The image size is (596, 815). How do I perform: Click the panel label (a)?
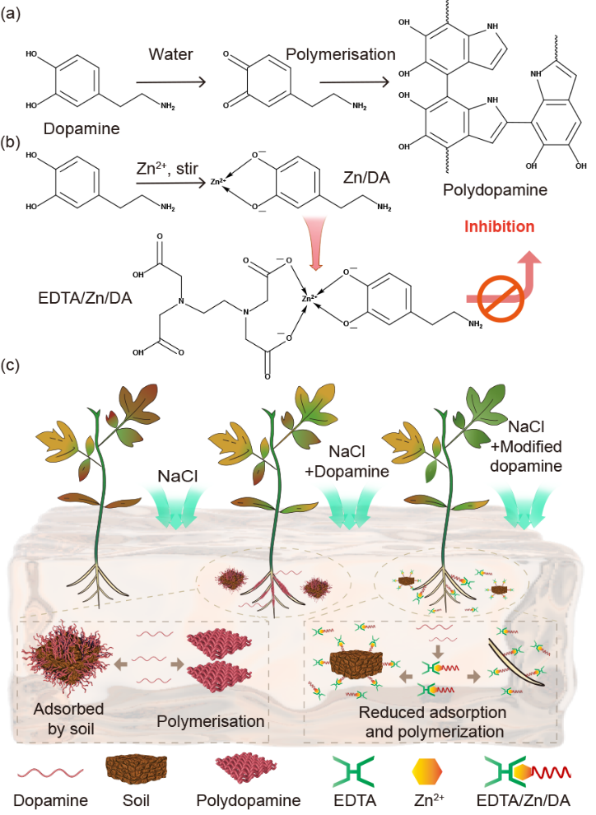[14, 15]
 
